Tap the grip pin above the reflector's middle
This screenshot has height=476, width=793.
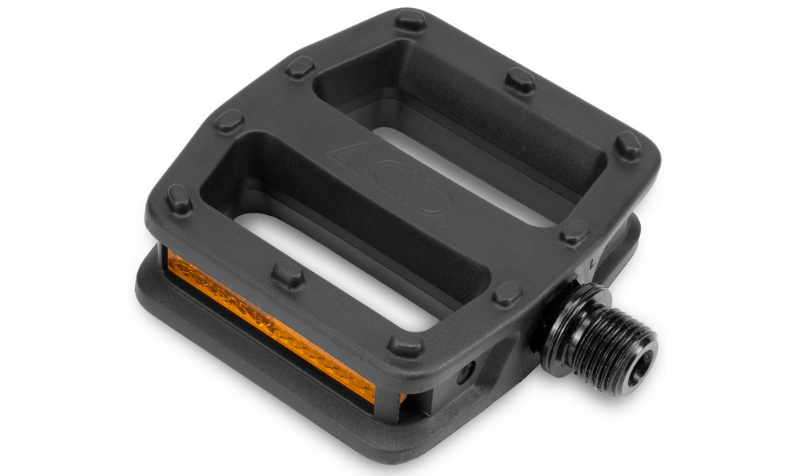coord(288,273)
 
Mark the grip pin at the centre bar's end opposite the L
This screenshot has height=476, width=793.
coord(228,120)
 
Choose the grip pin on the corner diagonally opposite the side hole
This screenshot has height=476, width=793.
coord(410,19)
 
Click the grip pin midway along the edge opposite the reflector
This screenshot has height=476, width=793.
coord(520,79)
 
